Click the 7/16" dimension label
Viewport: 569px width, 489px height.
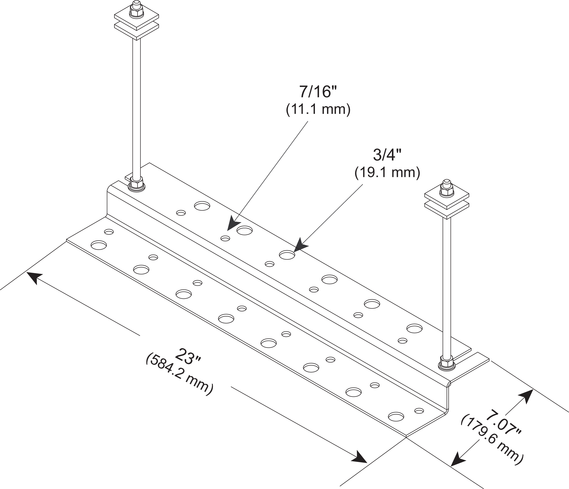click(x=318, y=92)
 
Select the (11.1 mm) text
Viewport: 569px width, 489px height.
click(x=318, y=110)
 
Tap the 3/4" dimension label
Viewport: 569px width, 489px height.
click(x=387, y=155)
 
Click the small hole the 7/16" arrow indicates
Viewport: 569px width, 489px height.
click(x=225, y=238)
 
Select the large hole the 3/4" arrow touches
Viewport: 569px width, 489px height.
click(x=287, y=255)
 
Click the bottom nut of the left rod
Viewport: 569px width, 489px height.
click(x=136, y=184)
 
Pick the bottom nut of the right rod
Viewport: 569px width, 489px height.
click(x=447, y=363)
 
